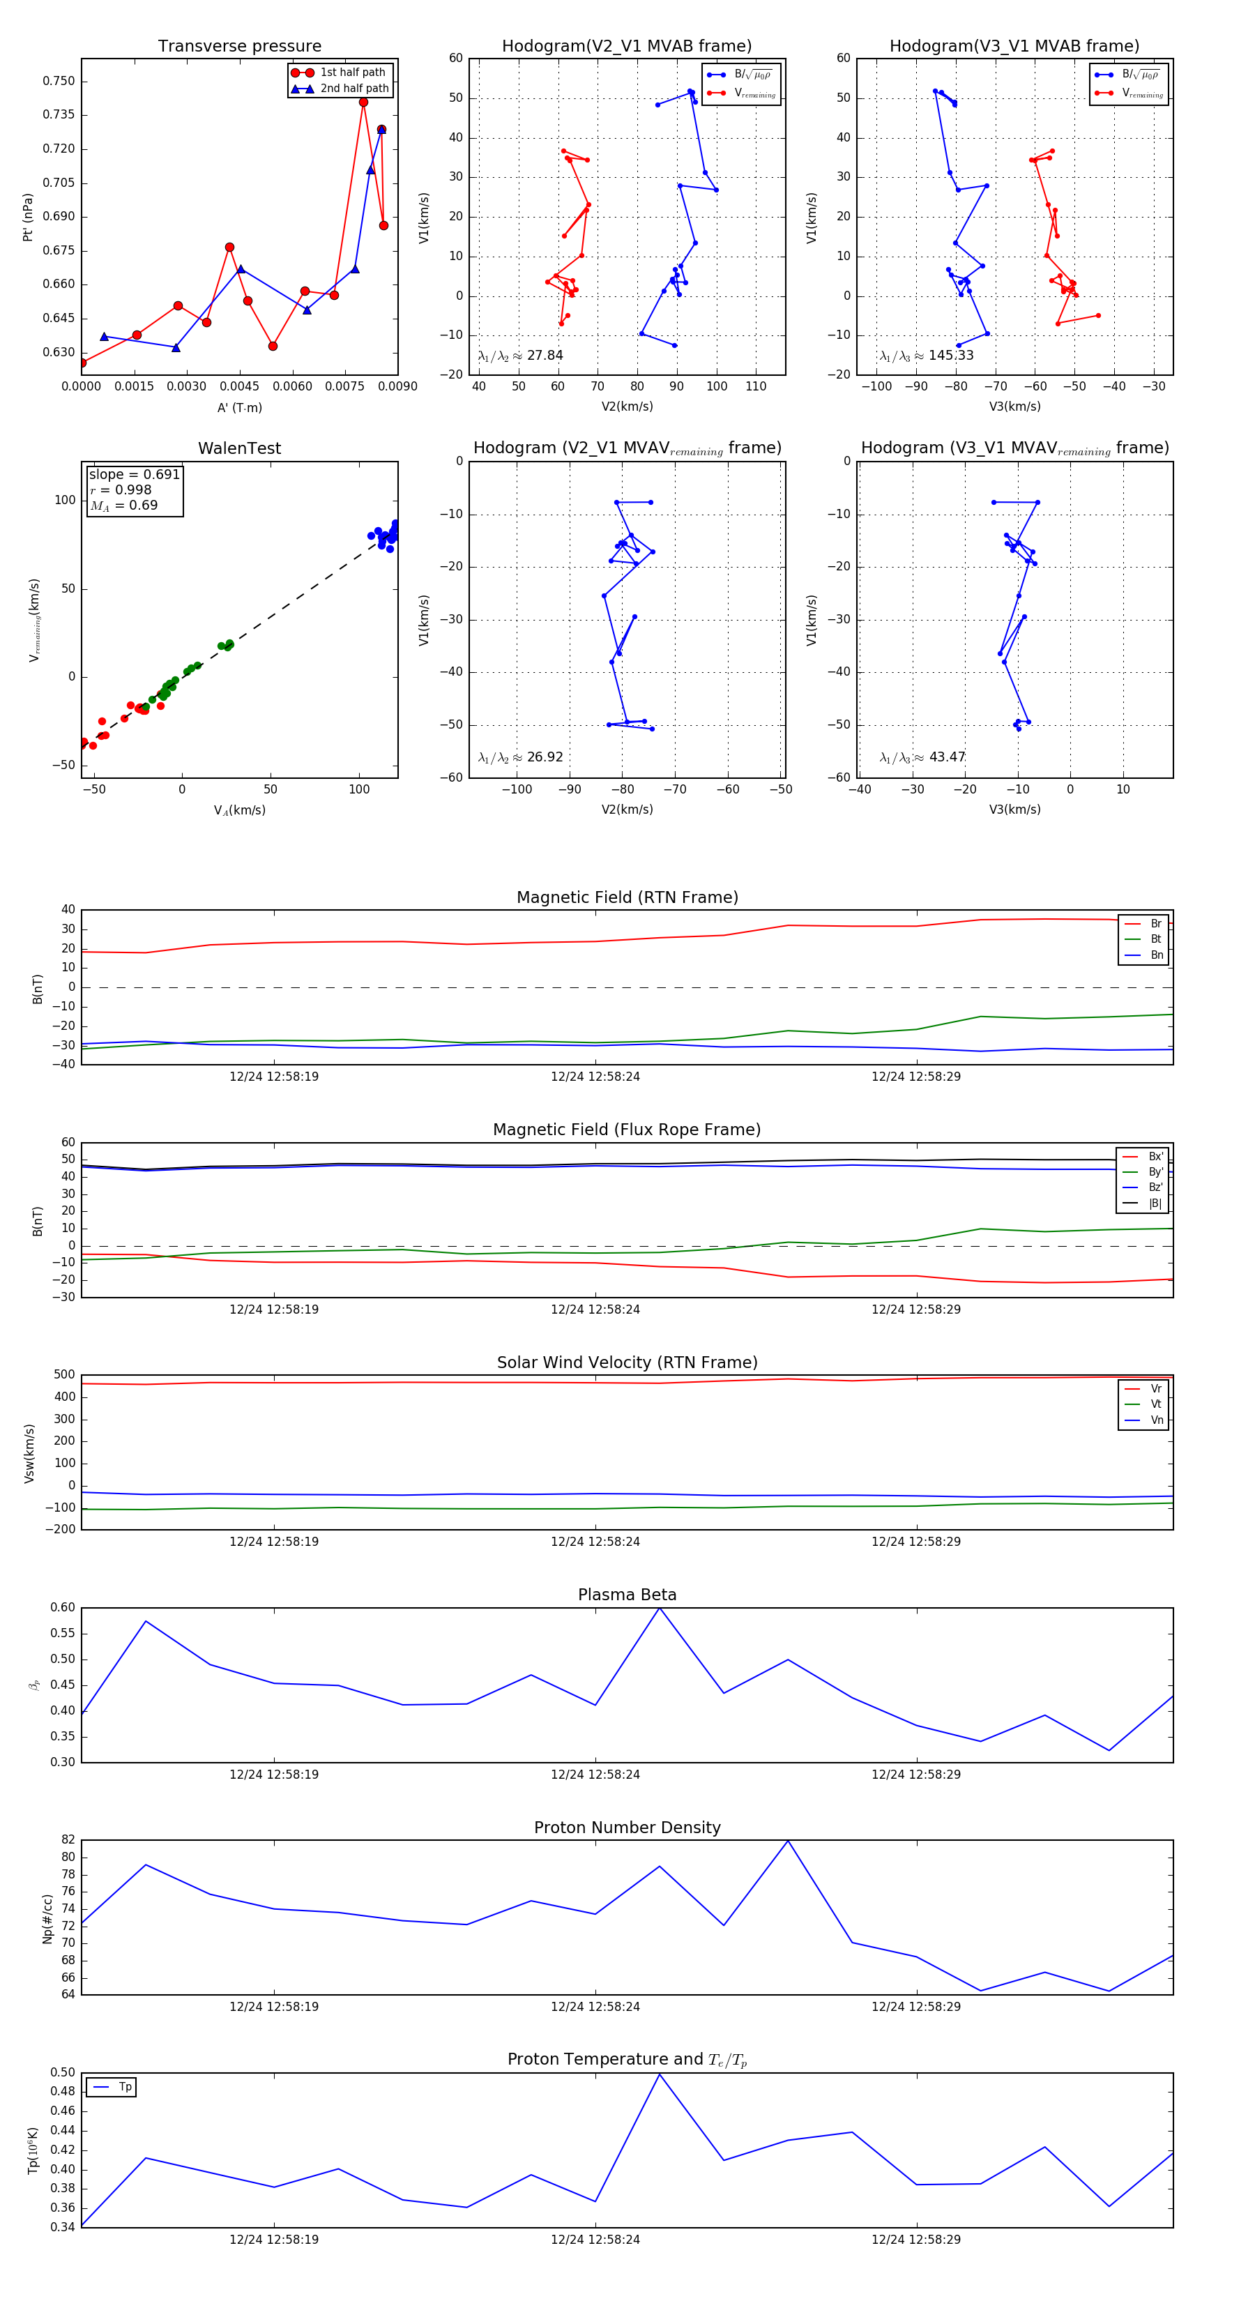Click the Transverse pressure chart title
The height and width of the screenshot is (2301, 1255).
coord(239,47)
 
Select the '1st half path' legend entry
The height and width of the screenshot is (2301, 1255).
coord(352,73)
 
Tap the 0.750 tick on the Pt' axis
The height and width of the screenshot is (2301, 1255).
coord(59,82)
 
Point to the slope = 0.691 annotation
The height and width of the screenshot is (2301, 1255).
coord(134,474)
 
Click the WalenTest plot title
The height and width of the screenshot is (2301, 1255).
coord(239,448)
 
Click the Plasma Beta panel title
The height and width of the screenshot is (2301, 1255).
coord(627,1595)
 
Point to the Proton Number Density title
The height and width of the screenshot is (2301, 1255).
coord(627,1828)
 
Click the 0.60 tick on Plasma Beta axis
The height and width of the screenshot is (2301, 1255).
coord(63,1608)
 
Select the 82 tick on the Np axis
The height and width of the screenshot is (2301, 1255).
coord(68,1840)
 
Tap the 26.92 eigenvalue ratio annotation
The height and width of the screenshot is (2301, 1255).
coord(521,757)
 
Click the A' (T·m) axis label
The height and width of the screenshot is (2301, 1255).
coord(239,407)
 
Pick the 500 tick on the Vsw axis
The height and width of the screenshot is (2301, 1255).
coord(64,1375)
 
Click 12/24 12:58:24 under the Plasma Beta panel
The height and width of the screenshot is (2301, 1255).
coord(595,1774)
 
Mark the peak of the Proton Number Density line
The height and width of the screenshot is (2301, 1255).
coord(788,1841)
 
